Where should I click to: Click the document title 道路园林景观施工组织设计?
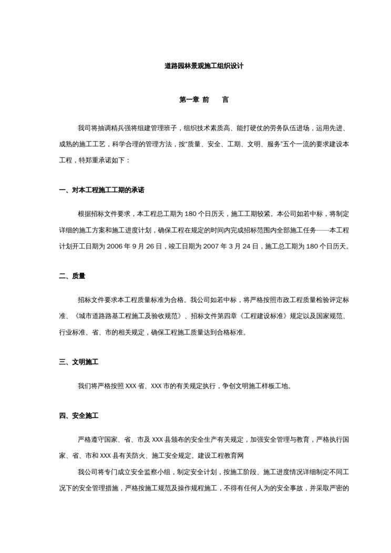click(x=195, y=67)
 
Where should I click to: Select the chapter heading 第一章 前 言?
click(x=195, y=99)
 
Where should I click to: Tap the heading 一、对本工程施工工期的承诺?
click(x=101, y=190)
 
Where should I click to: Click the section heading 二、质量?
click(x=72, y=275)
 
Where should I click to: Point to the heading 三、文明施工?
click(x=79, y=362)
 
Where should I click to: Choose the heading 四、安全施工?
click(x=79, y=416)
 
